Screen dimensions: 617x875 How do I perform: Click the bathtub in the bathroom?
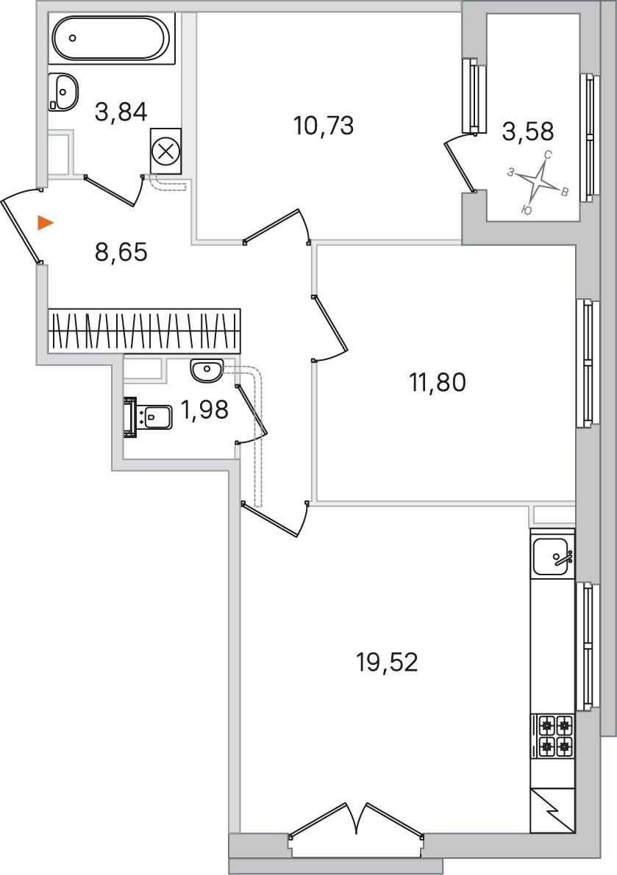point(110,37)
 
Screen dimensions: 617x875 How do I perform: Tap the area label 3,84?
point(121,112)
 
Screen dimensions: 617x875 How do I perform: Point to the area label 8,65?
point(121,252)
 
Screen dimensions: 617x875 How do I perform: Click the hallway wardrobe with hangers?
point(145,331)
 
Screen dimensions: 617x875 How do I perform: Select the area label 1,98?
point(204,411)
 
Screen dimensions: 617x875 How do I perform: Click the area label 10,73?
point(324,126)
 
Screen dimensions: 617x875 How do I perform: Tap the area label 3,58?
point(528,131)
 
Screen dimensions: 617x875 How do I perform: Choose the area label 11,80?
point(438,384)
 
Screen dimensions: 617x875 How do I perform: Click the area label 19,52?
point(387,663)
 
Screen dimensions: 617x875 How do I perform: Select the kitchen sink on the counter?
point(552,557)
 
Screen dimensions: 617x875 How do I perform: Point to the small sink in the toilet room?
point(207,370)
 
